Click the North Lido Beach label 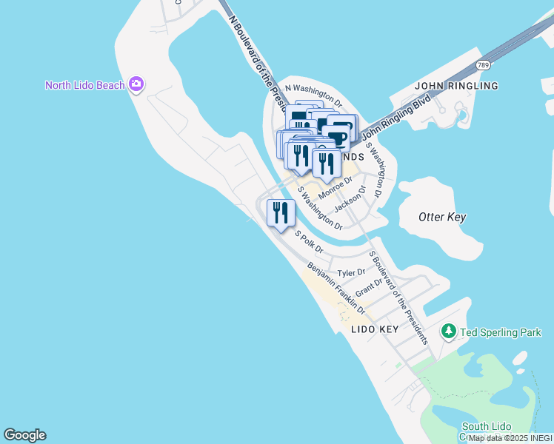pyautogui.click(x=84, y=85)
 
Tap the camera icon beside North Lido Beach pyautogui.click(x=136, y=84)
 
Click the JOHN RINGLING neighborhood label pyautogui.click(x=457, y=86)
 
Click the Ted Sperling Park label pyautogui.click(x=501, y=333)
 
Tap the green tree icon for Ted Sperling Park pyautogui.click(x=449, y=332)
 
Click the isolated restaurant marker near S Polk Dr pyautogui.click(x=281, y=213)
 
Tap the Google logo pyautogui.click(x=24, y=435)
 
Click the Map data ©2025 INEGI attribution pyautogui.click(x=510, y=438)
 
